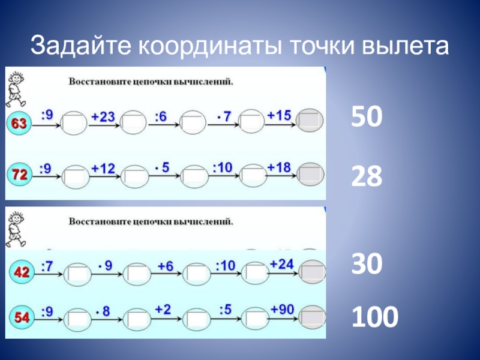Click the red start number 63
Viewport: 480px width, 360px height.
(x=19, y=124)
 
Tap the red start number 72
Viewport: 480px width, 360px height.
(x=19, y=175)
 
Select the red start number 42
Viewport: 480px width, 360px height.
(x=21, y=272)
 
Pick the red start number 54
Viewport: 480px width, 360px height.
(x=22, y=317)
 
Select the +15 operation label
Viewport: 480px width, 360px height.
(x=279, y=114)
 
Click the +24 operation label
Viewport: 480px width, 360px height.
(x=282, y=263)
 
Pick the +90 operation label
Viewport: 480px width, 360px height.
(x=282, y=309)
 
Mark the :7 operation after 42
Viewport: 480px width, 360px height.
(x=46, y=264)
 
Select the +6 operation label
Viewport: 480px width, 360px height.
(x=165, y=266)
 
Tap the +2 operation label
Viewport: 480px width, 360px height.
(x=163, y=309)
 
